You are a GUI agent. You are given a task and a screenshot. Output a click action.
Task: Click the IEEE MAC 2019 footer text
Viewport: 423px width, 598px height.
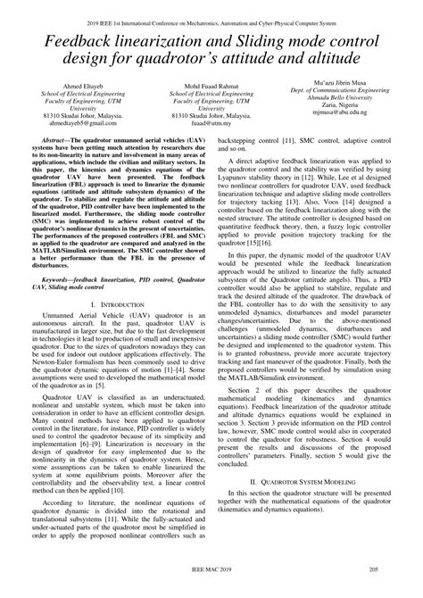coord(211,591)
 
